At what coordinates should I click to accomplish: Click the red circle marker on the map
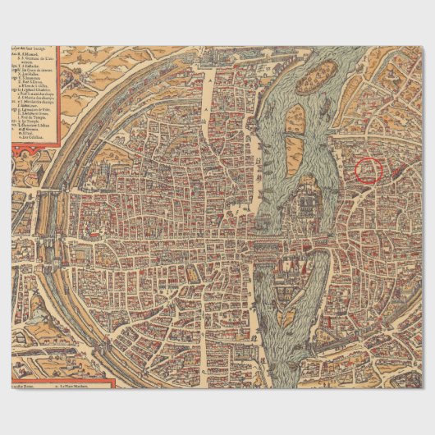[x=369, y=170]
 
